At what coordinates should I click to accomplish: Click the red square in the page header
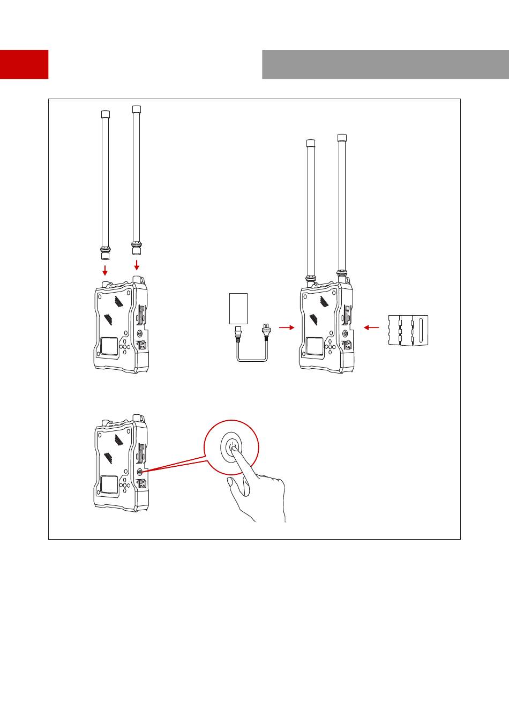coord(24,64)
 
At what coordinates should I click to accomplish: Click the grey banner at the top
coord(385,64)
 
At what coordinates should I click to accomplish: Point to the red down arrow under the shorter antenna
coord(105,268)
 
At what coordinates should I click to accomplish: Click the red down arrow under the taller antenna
coord(137,265)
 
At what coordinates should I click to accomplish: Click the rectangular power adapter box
coord(238,308)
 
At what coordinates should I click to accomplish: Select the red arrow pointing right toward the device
coord(287,327)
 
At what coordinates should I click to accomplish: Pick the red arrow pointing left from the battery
coord(371,327)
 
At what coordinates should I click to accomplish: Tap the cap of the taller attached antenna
coord(341,138)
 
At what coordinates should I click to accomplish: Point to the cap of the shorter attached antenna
coord(310,143)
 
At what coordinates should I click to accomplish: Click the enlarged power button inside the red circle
coord(231,446)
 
